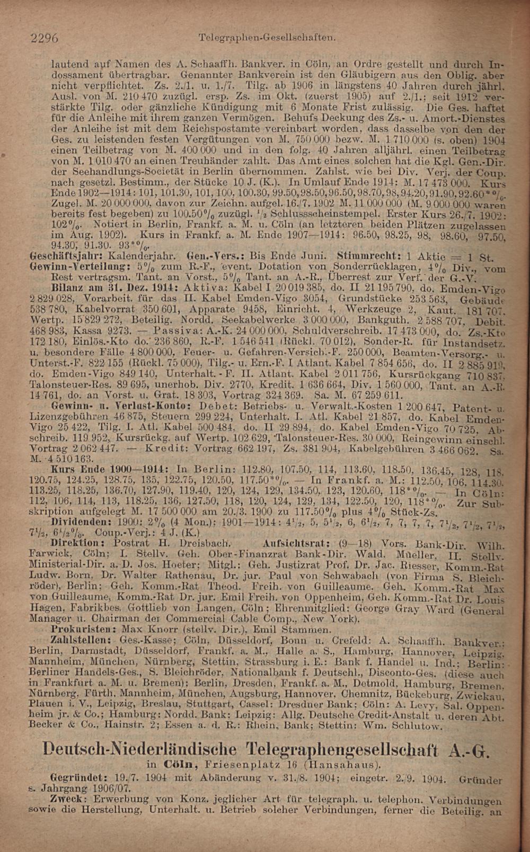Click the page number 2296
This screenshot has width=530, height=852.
tap(45, 38)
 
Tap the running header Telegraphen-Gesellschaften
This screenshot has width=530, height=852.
tap(267, 38)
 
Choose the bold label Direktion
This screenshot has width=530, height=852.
tap(75, 544)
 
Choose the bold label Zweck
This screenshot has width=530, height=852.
tap(66, 800)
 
